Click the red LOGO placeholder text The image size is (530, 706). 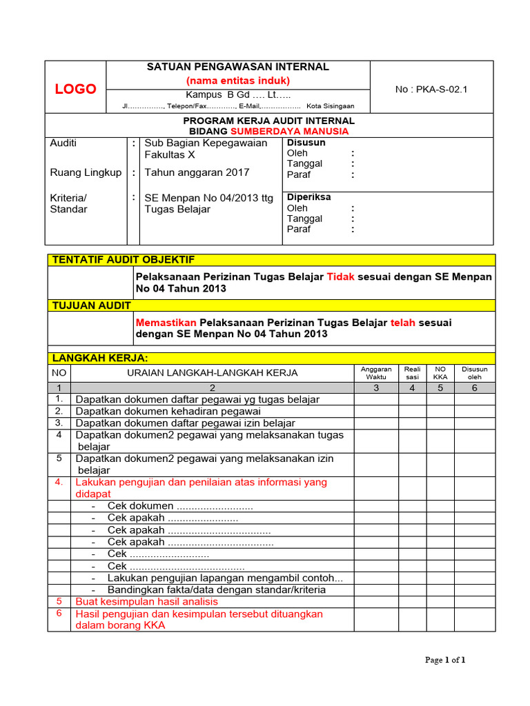pyautogui.click(x=75, y=89)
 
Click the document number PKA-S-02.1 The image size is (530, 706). pyautogui.click(x=431, y=89)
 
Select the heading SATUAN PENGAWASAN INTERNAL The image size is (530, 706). pyautogui.click(x=238, y=67)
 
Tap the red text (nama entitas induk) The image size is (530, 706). pyautogui.click(x=238, y=81)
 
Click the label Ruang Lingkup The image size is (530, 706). pyautogui.click(x=86, y=172)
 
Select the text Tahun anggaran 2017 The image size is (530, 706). pyautogui.click(x=197, y=172)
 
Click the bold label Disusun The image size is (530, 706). pyautogui.click(x=306, y=143)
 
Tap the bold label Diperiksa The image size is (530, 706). pyautogui.click(x=308, y=197)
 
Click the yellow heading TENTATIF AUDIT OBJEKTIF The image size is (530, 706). pyautogui.click(x=124, y=259)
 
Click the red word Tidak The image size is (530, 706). pyautogui.click(x=340, y=276)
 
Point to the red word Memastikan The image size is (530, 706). pyautogui.click(x=166, y=322)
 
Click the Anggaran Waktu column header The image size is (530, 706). pyautogui.click(x=376, y=373)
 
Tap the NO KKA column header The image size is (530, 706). pyautogui.click(x=440, y=373)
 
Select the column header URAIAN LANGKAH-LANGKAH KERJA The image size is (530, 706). pyautogui.click(x=213, y=373)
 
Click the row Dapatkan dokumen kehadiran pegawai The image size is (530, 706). pyautogui.click(x=168, y=411)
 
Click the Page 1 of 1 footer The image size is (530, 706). pyautogui.click(x=445, y=660)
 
